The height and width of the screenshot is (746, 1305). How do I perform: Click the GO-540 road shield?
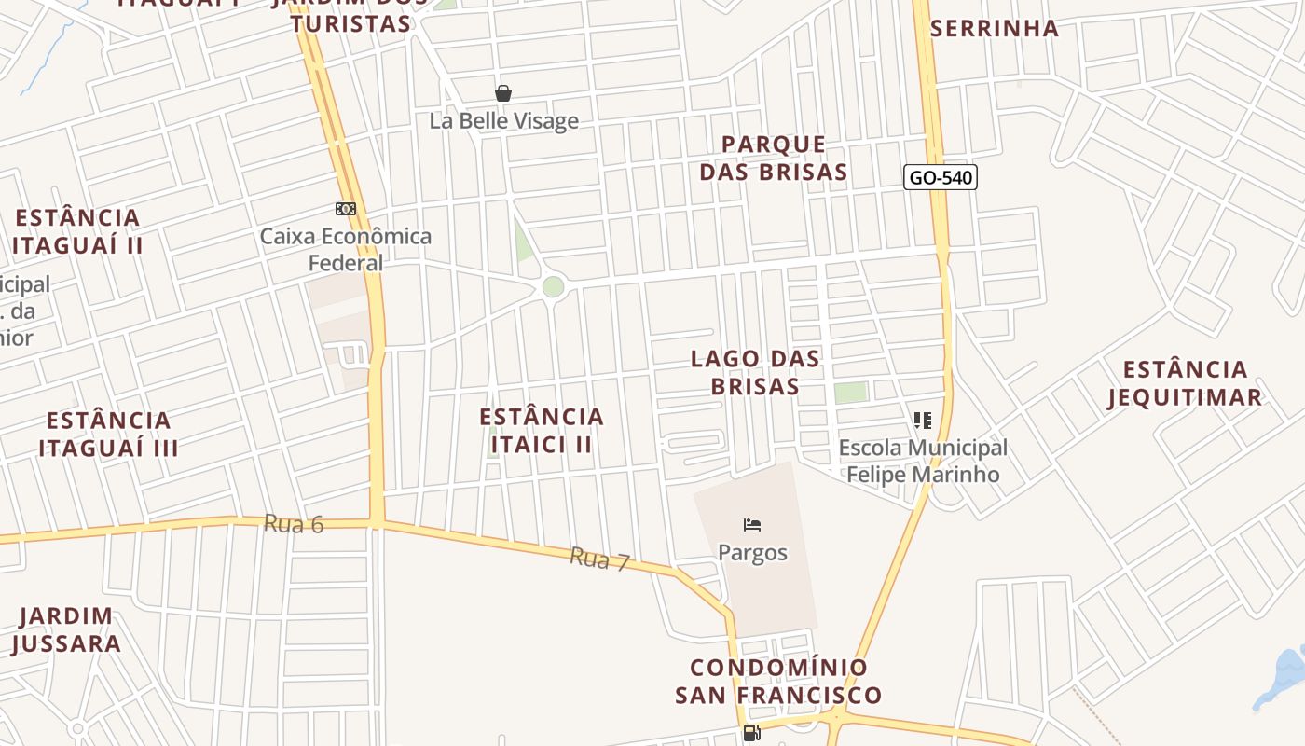click(940, 177)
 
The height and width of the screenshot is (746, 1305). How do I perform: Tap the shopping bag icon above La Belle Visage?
click(503, 93)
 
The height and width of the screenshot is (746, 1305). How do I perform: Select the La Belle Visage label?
click(503, 121)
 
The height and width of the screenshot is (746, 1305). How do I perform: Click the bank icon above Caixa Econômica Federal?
click(346, 209)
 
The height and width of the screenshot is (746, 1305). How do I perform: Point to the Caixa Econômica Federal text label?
click(346, 249)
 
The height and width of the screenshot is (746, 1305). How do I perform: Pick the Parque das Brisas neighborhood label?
click(774, 158)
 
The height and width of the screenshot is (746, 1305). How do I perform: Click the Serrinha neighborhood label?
click(995, 29)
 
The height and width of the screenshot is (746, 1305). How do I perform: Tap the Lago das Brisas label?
click(755, 372)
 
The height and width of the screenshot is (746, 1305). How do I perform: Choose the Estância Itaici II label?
click(542, 430)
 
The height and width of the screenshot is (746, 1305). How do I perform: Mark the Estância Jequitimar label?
click(1185, 383)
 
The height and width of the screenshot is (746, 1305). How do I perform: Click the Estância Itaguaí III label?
click(109, 434)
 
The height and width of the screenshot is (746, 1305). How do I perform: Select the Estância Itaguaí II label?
click(77, 231)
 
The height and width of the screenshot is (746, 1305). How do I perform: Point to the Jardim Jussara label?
click(66, 629)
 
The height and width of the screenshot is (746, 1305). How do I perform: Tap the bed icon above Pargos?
click(752, 525)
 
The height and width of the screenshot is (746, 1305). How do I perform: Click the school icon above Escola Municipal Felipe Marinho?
click(923, 421)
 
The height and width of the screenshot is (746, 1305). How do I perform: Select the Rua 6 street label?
click(294, 524)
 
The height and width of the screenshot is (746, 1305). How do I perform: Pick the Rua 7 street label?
click(600, 559)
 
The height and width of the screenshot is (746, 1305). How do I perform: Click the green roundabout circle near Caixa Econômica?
click(553, 286)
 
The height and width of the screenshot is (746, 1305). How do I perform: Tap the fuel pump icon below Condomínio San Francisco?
click(751, 733)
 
